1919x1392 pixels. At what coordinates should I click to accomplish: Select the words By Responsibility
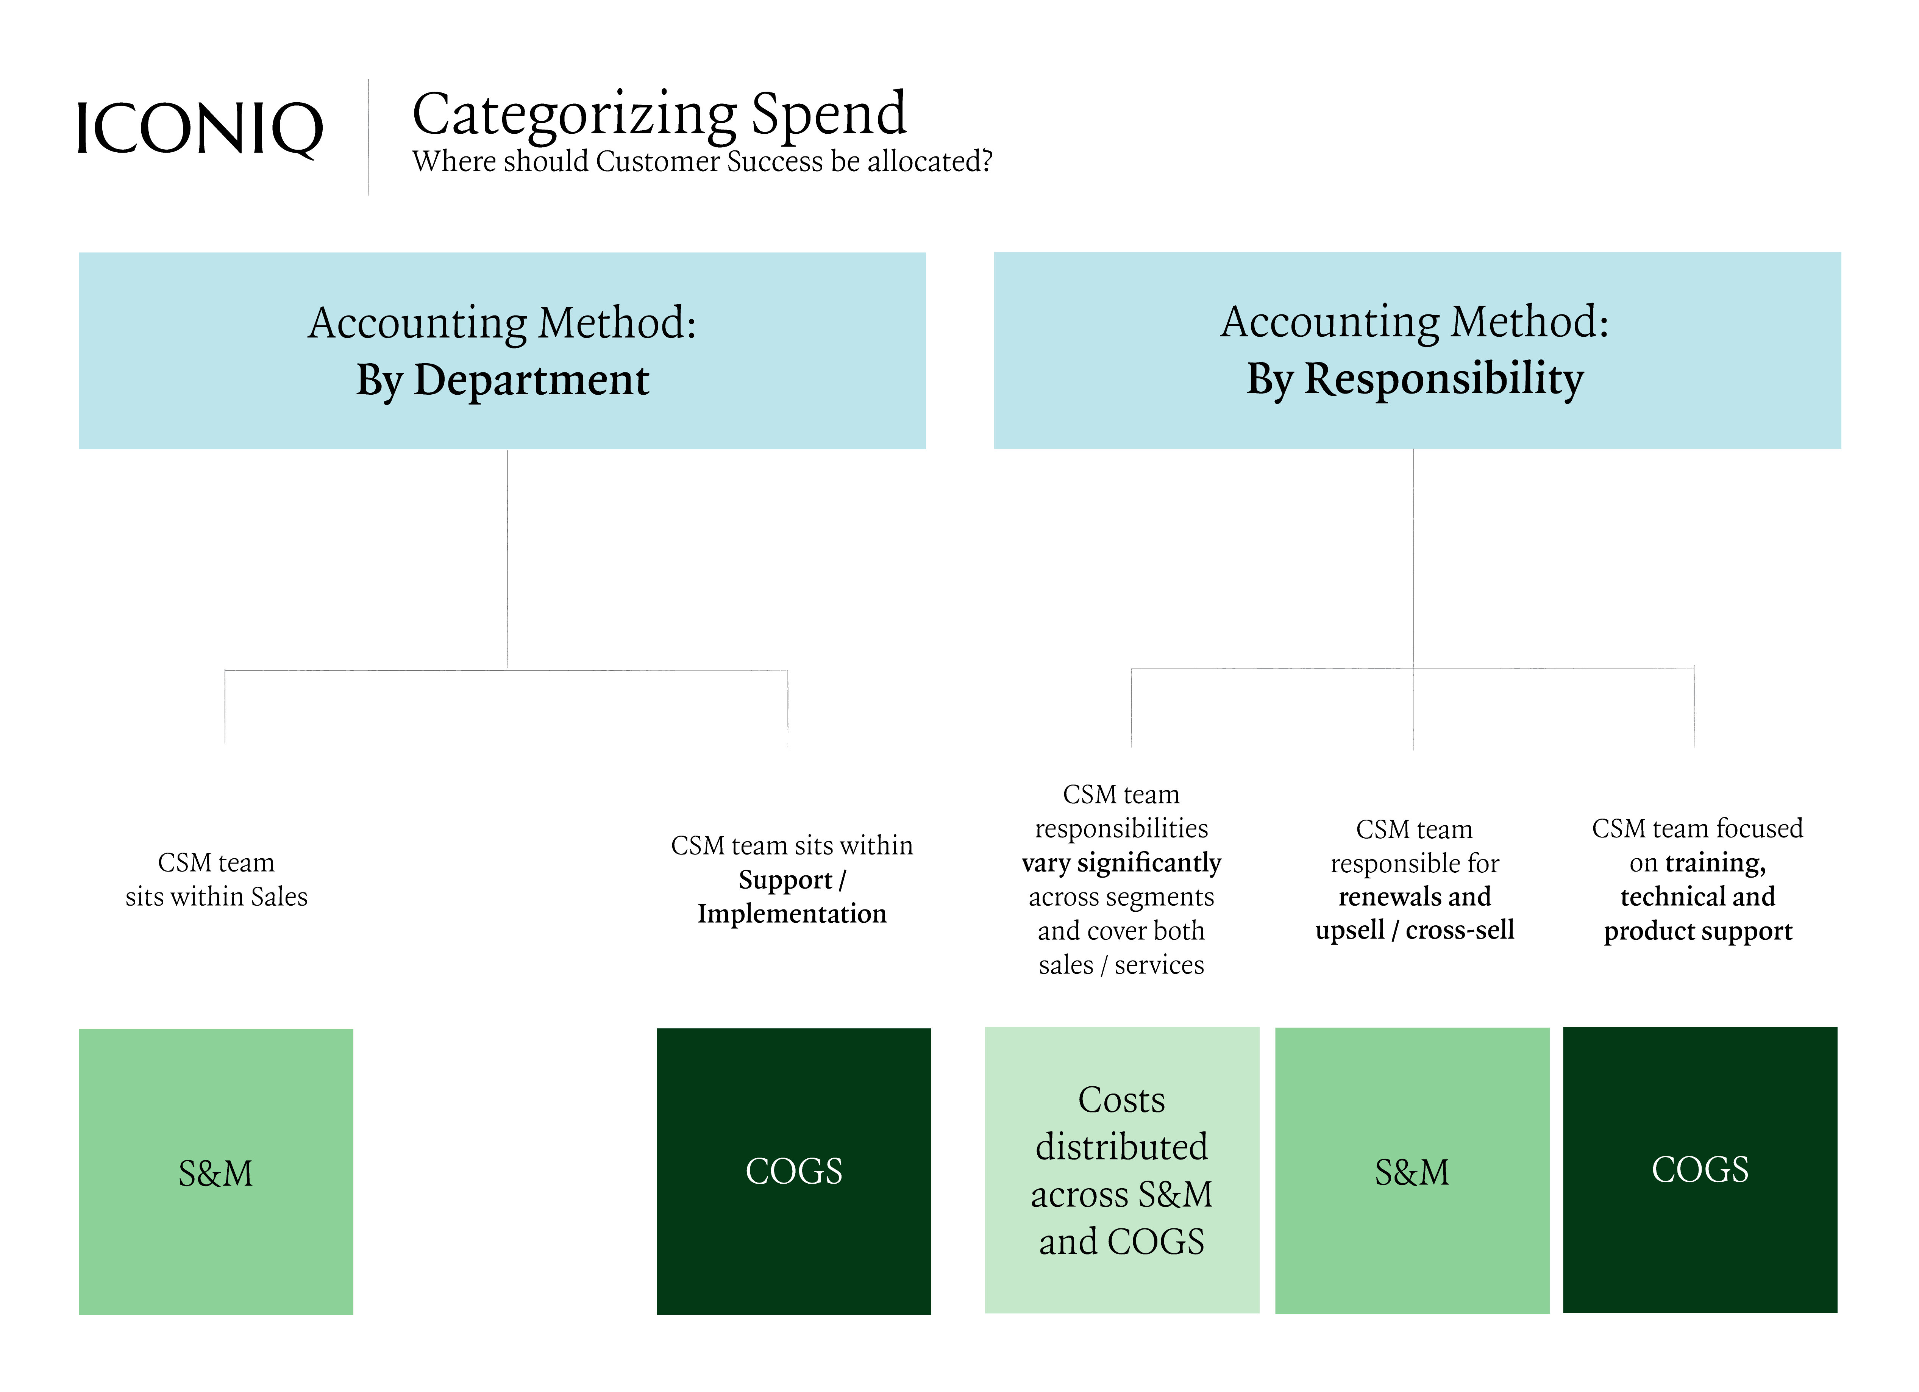coord(1415,378)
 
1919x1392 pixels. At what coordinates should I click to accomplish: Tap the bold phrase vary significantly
coord(1121,862)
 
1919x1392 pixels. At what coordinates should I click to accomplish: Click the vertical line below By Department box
coord(507,558)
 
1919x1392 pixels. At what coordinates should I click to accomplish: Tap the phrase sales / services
coord(1121,965)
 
